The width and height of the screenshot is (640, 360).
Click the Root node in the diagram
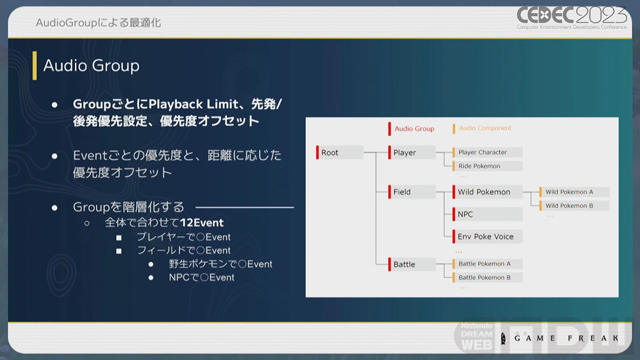(340, 153)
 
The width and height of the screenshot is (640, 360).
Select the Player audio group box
(412, 153)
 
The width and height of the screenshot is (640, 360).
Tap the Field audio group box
(412, 192)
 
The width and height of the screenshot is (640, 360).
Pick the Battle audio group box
(412, 264)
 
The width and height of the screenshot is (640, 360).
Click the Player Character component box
(487, 153)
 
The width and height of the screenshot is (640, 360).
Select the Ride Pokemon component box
(487, 166)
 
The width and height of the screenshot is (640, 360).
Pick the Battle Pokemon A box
(487, 263)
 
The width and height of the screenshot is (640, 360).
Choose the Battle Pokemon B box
(487, 277)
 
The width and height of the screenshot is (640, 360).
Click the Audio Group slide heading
(91, 66)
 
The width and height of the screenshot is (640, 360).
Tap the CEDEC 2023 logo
(572, 18)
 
